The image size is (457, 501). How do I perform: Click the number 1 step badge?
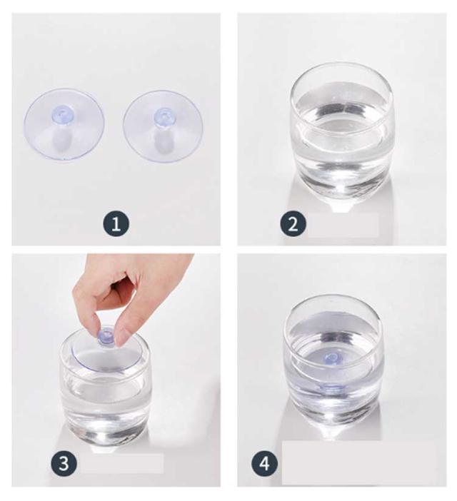116,223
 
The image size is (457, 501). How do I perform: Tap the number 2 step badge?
293,223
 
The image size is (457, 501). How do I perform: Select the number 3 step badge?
64,463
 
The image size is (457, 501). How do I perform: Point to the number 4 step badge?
265,463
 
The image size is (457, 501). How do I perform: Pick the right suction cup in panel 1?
163,126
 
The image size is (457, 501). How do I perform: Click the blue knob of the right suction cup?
163,116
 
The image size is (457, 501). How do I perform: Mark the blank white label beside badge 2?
343,225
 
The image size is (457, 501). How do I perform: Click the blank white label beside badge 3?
122,463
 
